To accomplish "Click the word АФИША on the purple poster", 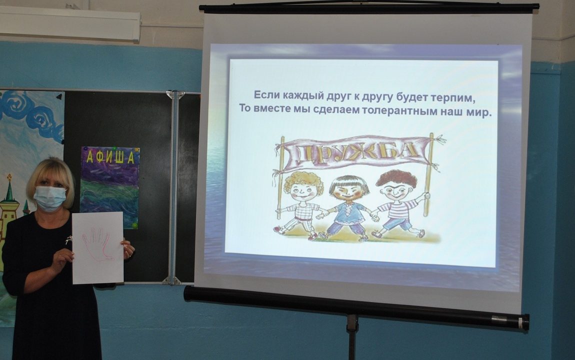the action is click(x=110, y=157).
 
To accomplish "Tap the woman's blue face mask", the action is click(x=49, y=198).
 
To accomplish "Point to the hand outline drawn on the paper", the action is click(x=96, y=244).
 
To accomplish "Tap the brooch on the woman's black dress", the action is click(x=68, y=240).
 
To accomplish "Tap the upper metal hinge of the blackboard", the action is click(x=175, y=94).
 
